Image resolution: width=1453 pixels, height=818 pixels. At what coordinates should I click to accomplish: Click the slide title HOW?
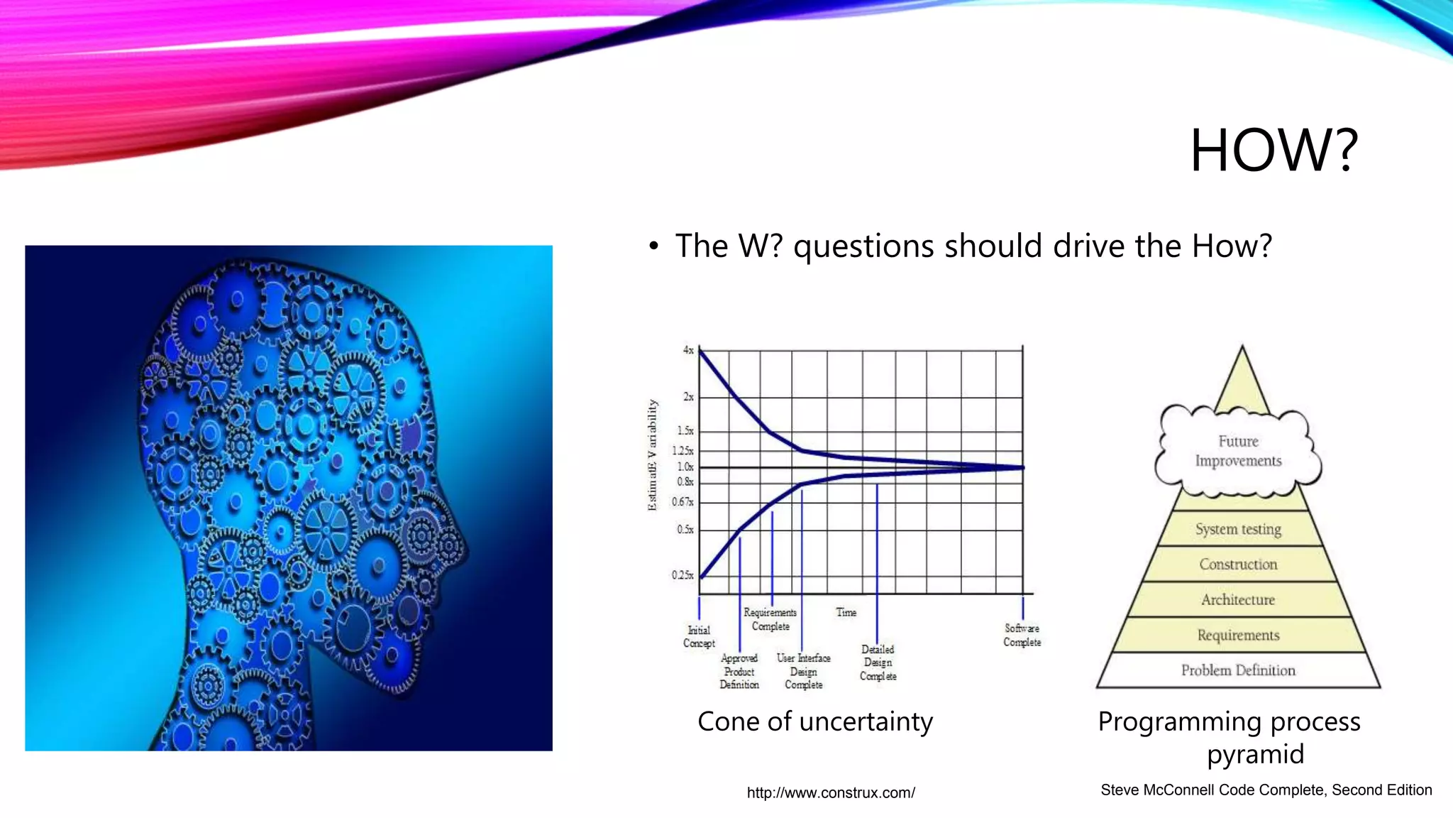tap(1274, 151)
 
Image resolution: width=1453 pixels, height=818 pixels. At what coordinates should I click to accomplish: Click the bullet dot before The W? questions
tap(653, 247)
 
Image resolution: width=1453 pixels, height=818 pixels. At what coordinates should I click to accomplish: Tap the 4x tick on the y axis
tap(688, 350)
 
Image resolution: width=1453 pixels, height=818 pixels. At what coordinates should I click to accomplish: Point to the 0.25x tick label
tap(683, 575)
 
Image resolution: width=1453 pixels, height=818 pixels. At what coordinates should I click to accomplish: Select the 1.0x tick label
tap(685, 467)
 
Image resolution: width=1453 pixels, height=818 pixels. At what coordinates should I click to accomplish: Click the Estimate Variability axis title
tap(652, 454)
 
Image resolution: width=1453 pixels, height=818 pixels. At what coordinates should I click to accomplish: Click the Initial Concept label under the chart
tap(699, 636)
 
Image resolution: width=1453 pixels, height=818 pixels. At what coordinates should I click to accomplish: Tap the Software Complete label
tap(1022, 635)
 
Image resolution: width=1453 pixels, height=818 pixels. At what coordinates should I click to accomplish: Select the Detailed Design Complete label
tap(878, 662)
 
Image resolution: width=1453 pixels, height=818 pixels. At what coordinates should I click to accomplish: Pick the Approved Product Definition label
tap(739, 671)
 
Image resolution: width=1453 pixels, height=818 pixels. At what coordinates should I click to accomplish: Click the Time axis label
tap(846, 612)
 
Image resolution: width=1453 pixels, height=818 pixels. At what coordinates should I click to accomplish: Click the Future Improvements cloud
tap(1238, 451)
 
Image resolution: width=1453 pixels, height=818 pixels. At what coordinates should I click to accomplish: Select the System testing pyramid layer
tap(1238, 529)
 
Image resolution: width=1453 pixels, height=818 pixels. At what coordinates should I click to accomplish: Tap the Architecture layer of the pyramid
tap(1238, 600)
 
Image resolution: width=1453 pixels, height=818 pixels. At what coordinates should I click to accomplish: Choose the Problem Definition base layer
tap(1238, 670)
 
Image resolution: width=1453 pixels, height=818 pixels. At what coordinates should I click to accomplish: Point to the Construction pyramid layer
tap(1238, 565)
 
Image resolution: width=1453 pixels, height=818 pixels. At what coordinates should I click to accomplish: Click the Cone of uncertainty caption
tap(814, 721)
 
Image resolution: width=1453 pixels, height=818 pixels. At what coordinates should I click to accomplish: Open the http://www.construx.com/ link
tap(831, 792)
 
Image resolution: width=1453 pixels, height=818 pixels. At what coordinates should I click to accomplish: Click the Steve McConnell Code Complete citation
tap(1266, 790)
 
